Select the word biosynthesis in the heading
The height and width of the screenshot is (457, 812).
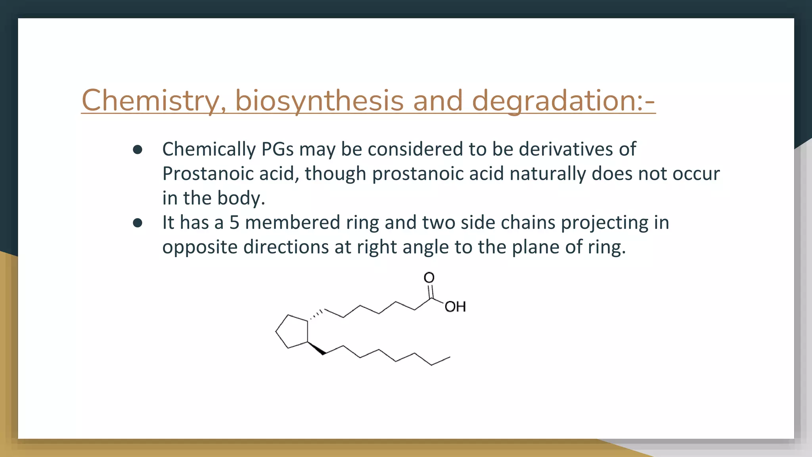tap(319, 100)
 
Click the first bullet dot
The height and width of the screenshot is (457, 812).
tap(138, 150)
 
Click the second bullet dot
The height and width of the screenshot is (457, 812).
tap(138, 223)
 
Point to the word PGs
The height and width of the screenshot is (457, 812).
tap(277, 150)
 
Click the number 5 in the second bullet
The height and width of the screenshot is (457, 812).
tap(234, 223)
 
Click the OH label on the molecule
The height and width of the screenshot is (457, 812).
tap(455, 307)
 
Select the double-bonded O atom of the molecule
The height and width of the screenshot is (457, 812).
tap(429, 278)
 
